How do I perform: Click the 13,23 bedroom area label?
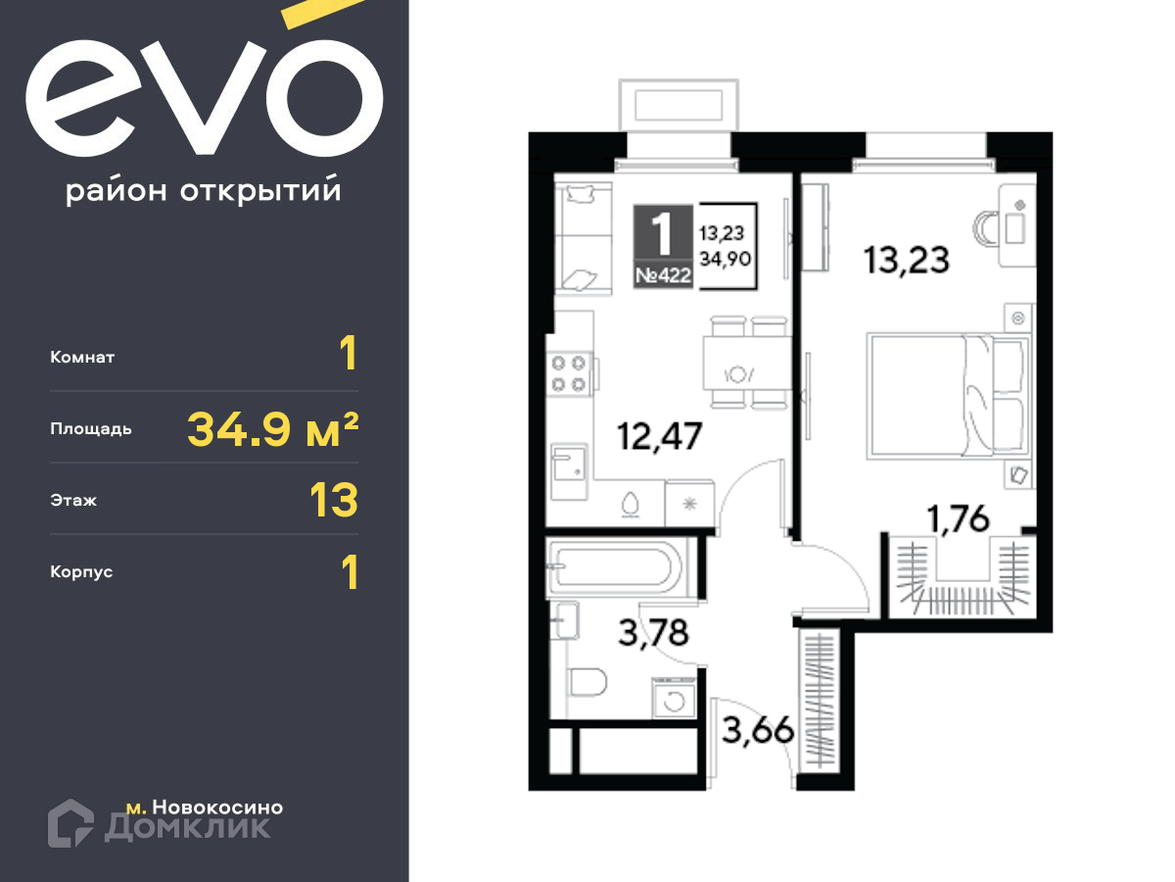point(906,261)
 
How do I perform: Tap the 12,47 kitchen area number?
point(659,437)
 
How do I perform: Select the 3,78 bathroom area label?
point(654,633)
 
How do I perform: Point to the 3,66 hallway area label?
point(758,729)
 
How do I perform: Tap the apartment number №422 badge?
point(663,275)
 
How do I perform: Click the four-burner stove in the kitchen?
point(569,373)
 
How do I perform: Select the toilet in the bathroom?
point(587,682)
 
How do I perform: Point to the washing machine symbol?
point(674,699)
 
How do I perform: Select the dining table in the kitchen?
point(747,363)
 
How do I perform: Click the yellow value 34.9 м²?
point(273,429)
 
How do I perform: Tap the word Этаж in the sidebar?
point(73,500)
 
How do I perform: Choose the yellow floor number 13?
point(334,500)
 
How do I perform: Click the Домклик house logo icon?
point(70,823)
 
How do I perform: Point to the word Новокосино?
point(218,807)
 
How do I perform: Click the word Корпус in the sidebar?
point(81,572)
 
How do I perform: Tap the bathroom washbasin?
point(565,620)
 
